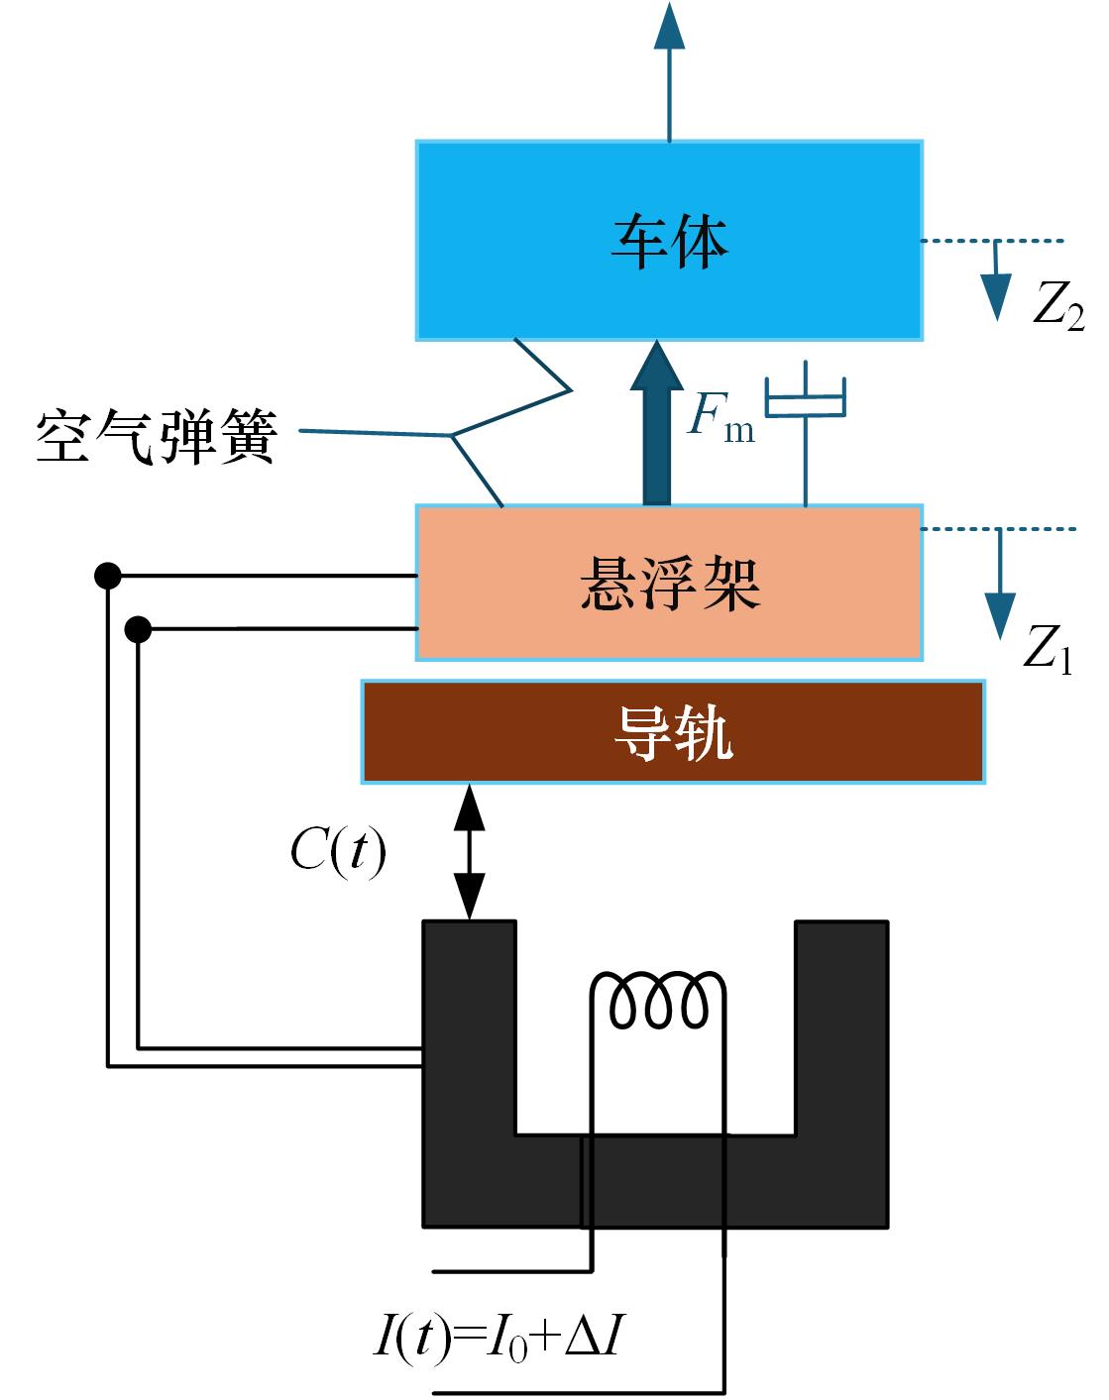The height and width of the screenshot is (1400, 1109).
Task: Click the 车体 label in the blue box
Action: click(670, 242)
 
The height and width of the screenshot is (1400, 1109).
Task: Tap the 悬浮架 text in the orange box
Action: click(670, 583)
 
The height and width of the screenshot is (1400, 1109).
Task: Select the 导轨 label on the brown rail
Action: click(674, 733)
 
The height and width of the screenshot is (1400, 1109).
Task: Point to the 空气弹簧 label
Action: click(157, 436)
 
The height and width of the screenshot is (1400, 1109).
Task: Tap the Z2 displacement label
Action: click(1057, 305)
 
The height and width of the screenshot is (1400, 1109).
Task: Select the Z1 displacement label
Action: click(1048, 649)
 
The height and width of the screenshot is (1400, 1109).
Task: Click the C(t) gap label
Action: click(338, 851)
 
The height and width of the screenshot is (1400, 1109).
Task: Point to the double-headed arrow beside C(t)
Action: click(469, 852)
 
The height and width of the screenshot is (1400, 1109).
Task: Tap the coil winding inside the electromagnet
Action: click(659, 1001)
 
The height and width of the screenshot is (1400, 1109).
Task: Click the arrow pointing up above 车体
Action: click(670, 69)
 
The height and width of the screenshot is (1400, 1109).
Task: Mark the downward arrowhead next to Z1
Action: click(1000, 614)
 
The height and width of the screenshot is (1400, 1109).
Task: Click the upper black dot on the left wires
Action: click(107, 575)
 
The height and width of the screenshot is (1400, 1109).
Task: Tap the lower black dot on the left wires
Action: click(139, 628)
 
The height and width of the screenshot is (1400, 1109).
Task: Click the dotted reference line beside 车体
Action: click(991, 241)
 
